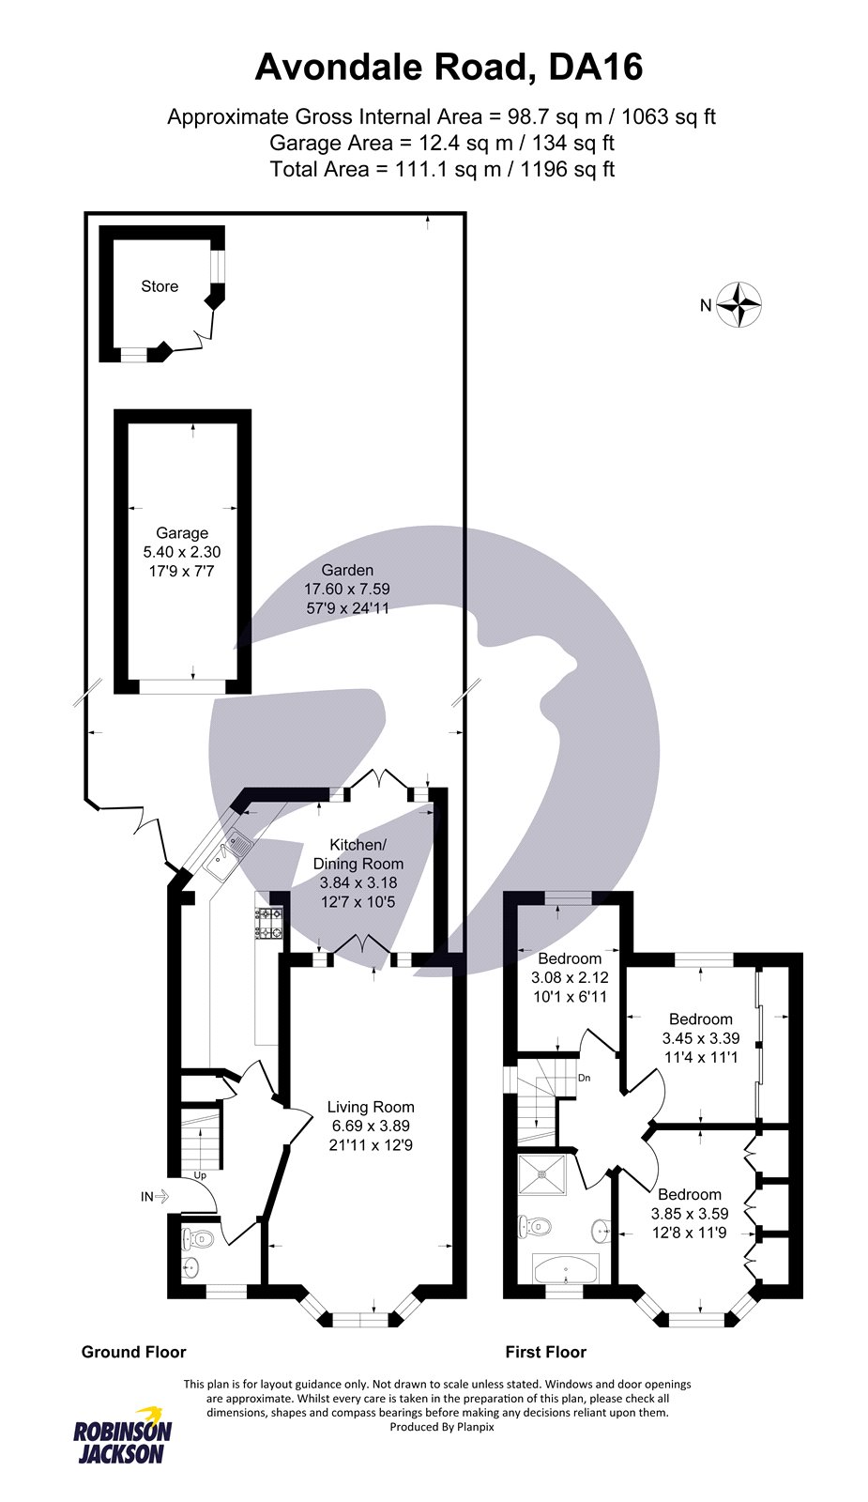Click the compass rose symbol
point(739,305)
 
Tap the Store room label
point(160,286)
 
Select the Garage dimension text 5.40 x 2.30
point(182,552)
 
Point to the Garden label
point(347,570)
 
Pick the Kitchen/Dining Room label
point(358,854)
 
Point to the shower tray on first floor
point(541,1174)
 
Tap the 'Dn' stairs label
point(585,1078)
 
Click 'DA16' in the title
point(596,67)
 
